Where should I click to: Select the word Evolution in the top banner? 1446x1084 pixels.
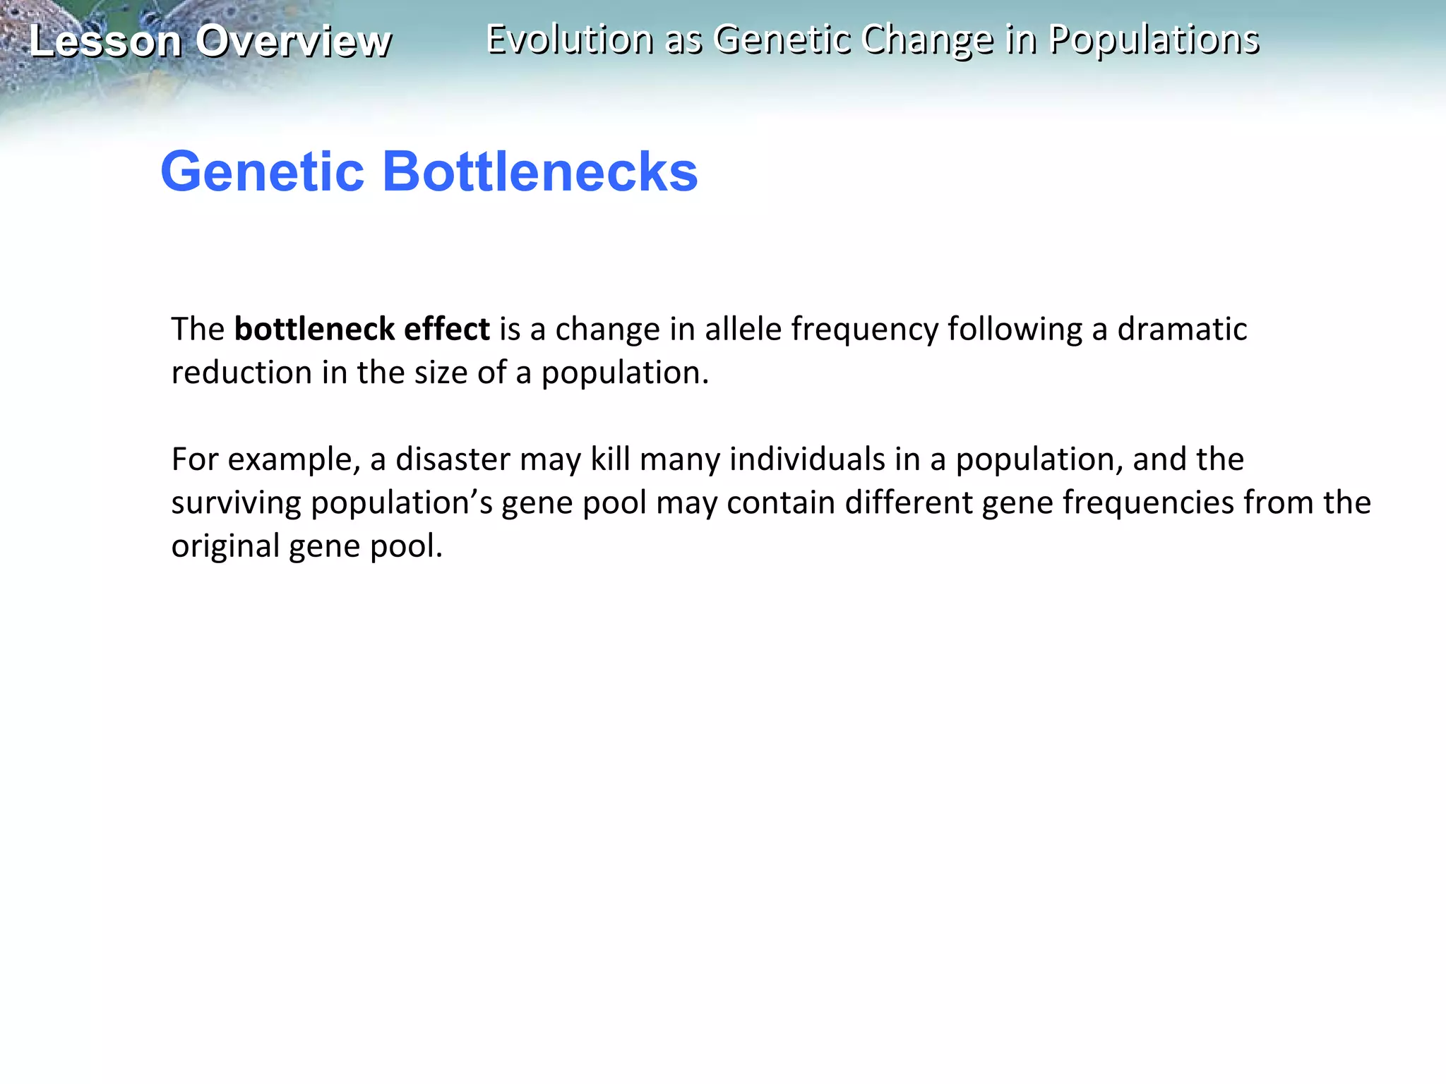[x=569, y=40]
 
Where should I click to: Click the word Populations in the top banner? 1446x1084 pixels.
[x=1154, y=40]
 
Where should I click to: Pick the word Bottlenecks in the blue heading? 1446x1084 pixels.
[x=539, y=171]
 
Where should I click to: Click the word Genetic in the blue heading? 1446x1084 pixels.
[x=262, y=171]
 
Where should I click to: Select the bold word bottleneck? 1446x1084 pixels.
[x=314, y=329]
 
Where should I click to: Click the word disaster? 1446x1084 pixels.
[x=453, y=459]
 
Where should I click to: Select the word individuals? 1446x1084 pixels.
[x=807, y=459]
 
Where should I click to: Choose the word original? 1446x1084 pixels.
[x=225, y=546]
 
